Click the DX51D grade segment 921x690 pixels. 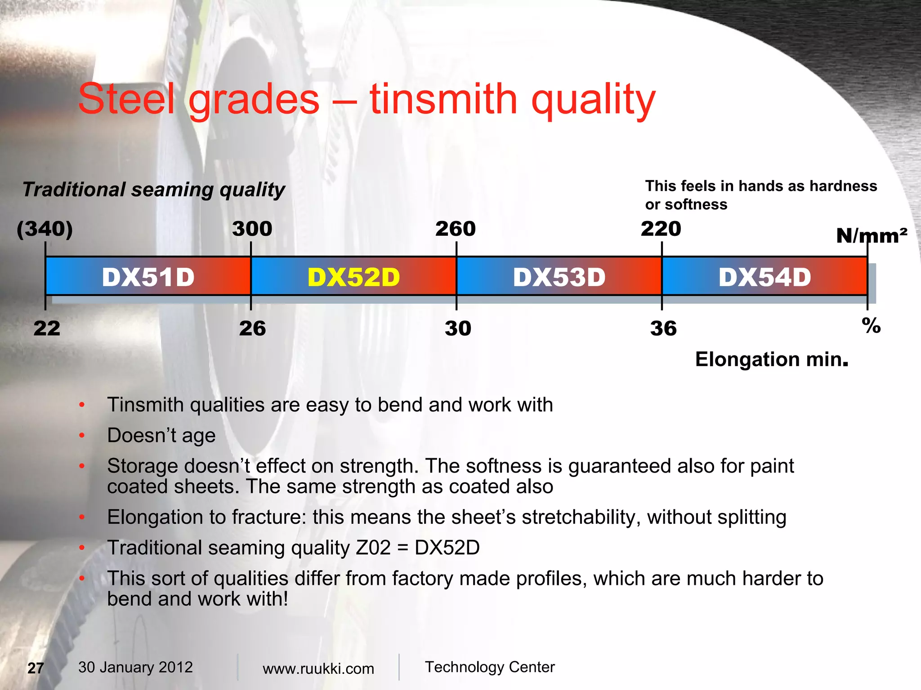click(148, 277)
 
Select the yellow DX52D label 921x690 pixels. click(353, 277)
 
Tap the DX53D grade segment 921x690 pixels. click(559, 277)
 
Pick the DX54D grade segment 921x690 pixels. click(765, 277)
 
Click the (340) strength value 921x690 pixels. click(45, 229)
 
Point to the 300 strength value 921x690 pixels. click(252, 229)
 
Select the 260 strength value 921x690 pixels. click(455, 229)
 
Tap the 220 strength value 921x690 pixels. click(661, 229)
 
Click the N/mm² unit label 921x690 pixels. click(871, 236)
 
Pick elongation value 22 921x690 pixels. click(46, 328)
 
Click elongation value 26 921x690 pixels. click(252, 328)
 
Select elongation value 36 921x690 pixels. click(663, 328)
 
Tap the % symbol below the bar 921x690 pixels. click(871, 326)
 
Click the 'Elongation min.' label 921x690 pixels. click(771, 359)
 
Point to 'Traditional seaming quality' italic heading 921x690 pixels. click(154, 190)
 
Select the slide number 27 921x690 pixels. click(36, 668)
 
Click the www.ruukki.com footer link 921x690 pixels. click(318, 668)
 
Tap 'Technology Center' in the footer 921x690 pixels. click(490, 667)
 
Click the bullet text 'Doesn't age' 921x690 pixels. click(161, 435)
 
